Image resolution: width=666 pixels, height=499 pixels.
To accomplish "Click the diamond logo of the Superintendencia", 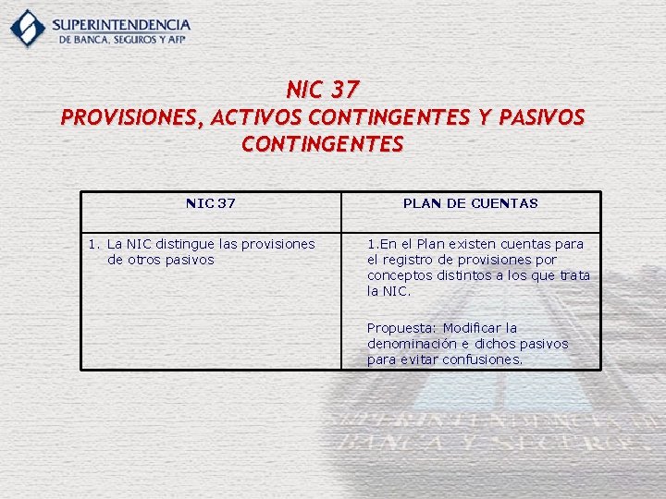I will pyautogui.click(x=28, y=28).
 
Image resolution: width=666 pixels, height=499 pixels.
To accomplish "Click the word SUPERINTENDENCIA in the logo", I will pyautogui.click(x=121, y=24).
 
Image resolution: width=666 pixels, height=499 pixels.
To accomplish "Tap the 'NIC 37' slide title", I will pyautogui.click(x=323, y=90).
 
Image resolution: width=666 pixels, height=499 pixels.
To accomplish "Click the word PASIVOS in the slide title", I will pyautogui.click(x=541, y=118).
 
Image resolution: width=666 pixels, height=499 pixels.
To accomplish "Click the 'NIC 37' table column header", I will pyautogui.click(x=211, y=203).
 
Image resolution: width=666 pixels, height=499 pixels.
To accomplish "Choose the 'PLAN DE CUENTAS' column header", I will pyautogui.click(x=470, y=203).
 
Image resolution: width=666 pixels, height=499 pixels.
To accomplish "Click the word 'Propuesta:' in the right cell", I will pyautogui.click(x=402, y=328).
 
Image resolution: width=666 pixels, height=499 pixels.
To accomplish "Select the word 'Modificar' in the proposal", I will pyautogui.click(x=473, y=328).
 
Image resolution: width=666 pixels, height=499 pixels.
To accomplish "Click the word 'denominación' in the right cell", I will pyautogui.click(x=410, y=344).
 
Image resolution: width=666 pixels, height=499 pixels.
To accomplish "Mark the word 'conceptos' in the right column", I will pyautogui.click(x=398, y=275).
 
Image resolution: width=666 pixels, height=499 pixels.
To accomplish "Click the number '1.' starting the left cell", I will pyautogui.click(x=93, y=244).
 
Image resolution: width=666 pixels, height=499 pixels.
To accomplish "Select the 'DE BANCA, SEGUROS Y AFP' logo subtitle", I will pyautogui.click(x=124, y=41).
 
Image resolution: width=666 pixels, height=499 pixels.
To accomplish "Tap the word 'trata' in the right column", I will pyautogui.click(x=574, y=275).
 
